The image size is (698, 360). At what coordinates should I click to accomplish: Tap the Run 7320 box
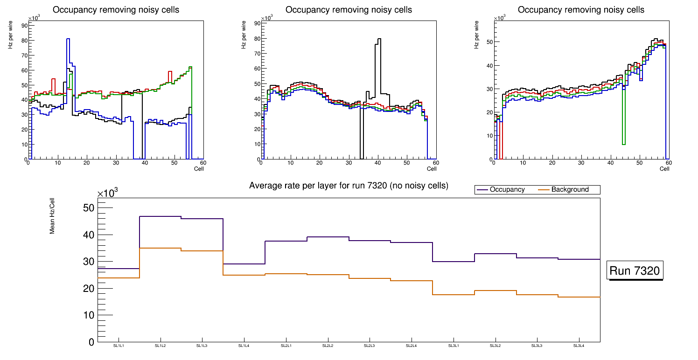[x=635, y=271]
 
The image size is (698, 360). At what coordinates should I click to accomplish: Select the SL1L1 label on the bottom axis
[x=119, y=346]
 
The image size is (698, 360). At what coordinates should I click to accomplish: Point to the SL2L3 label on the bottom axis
[x=370, y=346]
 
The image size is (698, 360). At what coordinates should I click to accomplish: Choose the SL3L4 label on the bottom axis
[x=579, y=346]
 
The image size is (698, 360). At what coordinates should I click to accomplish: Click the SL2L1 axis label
[x=286, y=346]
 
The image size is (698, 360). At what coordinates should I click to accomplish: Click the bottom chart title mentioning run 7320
[x=349, y=186]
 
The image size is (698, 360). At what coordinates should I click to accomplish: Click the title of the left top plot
[x=116, y=10]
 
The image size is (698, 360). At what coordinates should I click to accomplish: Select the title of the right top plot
[x=581, y=10]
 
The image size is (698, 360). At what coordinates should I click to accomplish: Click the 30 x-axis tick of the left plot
[x=116, y=163]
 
